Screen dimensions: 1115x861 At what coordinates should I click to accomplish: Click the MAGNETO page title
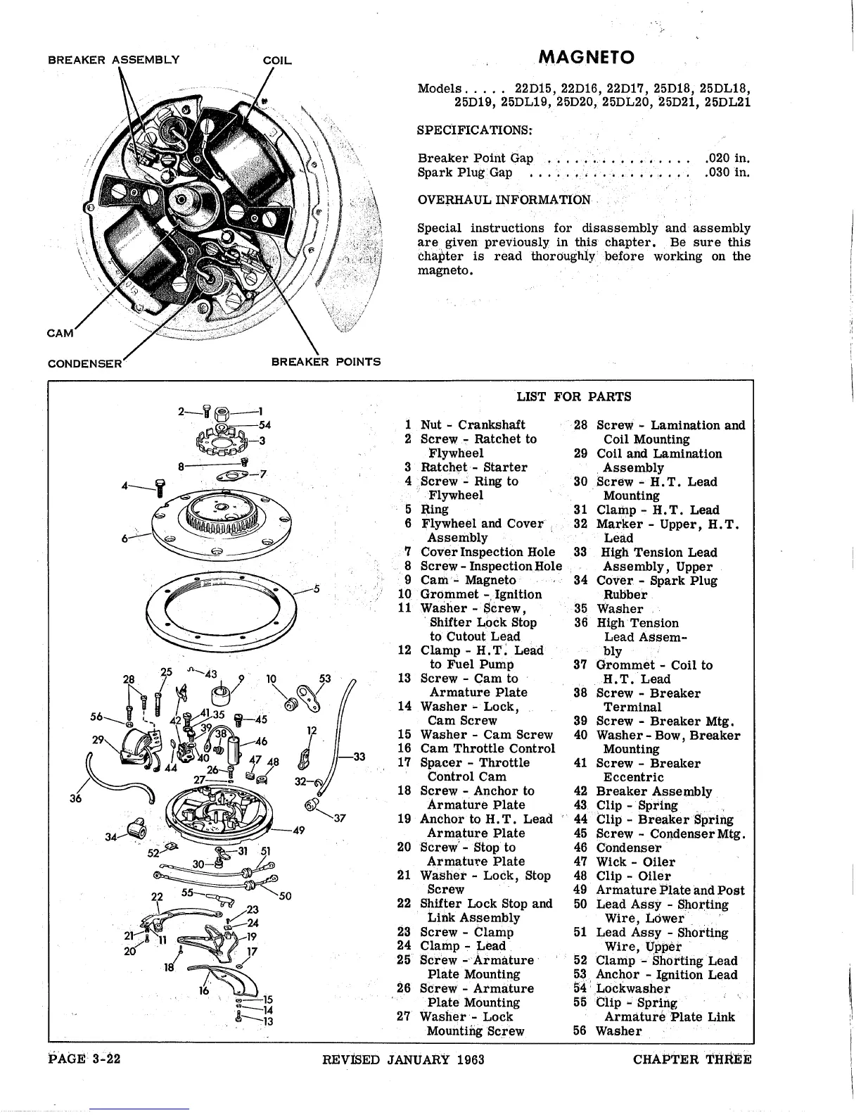[x=585, y=57]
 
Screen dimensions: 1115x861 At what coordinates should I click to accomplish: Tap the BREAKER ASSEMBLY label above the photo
[x=113, y=60]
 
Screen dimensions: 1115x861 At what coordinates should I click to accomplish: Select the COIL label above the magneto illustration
[x=276, y=61]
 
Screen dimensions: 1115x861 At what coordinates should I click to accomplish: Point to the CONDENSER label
[x=85, y=363]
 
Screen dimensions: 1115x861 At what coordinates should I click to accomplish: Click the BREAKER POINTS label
[x=326, y=362]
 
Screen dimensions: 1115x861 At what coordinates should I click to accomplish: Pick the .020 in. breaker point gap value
[x=727, y=158]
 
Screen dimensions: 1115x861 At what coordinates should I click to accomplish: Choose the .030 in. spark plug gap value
[x=727, y=172]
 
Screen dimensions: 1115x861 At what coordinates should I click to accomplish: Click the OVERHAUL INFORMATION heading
[x=504, y=200]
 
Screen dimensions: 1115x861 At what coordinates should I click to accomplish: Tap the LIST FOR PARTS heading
[x=574, y=396]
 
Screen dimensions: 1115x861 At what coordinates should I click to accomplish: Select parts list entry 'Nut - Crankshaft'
[x=472, y=425]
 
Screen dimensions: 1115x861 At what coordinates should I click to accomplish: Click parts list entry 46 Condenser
[x=628, y=848]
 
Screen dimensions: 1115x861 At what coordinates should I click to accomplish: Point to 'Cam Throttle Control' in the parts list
[x=487, y=749]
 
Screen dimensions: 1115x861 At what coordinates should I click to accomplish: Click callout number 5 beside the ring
[x=317, y=588]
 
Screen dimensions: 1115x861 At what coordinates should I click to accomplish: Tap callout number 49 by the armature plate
[x=298, y=831]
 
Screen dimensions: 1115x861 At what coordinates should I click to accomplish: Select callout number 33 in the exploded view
[x=359, y=757]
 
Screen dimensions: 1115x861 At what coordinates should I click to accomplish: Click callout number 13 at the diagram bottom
[x=267, y=1021]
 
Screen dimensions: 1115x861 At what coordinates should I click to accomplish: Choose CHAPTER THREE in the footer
[x=691, y=1059]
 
